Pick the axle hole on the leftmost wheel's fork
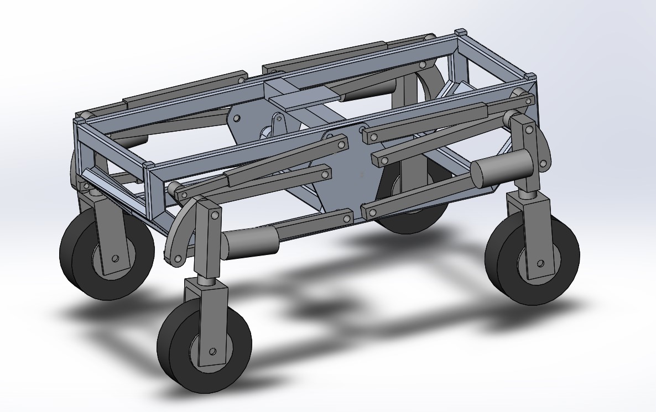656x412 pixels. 115,258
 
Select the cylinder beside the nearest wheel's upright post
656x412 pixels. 249,243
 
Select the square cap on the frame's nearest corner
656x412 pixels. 148,165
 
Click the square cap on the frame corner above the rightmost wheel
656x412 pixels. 529,75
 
